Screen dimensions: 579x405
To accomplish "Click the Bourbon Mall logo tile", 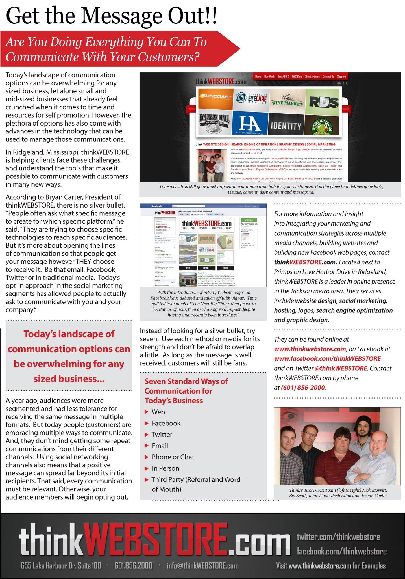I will (215, 124).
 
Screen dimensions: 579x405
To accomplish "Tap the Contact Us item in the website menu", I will (328, 76).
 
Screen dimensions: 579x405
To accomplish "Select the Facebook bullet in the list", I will (166, 423).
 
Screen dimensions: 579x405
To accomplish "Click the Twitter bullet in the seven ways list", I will (162, 435).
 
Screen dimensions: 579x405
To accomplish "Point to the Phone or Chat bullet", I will (173, 457).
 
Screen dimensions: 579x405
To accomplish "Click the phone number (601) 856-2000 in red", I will (303, 387).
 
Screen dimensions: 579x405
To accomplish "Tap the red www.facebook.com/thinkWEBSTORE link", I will (327, 358).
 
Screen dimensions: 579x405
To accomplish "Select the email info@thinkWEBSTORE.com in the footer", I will (202, 558).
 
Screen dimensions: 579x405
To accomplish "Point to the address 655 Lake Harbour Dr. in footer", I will (61, 558).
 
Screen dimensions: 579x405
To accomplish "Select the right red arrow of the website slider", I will (347, 109).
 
